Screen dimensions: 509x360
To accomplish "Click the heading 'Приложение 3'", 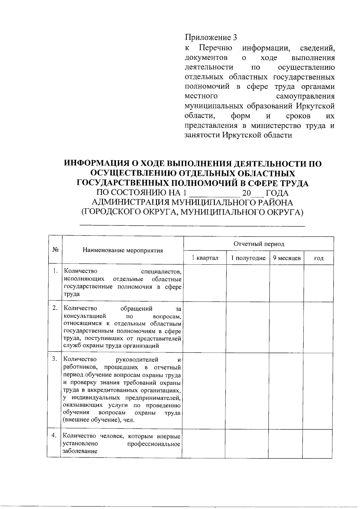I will [x=211, y=38].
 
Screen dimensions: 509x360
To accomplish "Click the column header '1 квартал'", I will [x=205, y=258].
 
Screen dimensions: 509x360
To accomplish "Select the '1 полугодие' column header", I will [x=248, y=258].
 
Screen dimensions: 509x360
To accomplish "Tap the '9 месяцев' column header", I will [x=287, y=258].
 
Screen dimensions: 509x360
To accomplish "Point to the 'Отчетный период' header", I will [x=259, y=244].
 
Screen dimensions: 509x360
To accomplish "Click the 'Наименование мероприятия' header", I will [x=123, y=251].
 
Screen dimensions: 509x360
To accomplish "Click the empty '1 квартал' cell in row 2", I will [x=205, y=327].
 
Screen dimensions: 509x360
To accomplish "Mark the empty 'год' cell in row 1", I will [x=319, y=283].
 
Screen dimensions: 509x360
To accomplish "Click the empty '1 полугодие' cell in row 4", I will [x=247, y=444].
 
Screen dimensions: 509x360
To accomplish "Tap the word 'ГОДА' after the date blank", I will [x=277, y=193].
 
